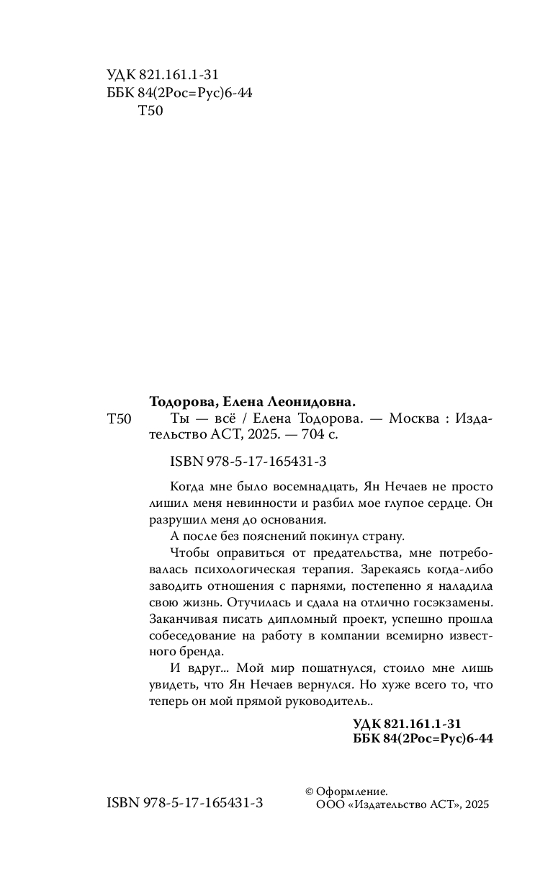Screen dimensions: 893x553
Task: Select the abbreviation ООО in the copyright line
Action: [x=330, y=806]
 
